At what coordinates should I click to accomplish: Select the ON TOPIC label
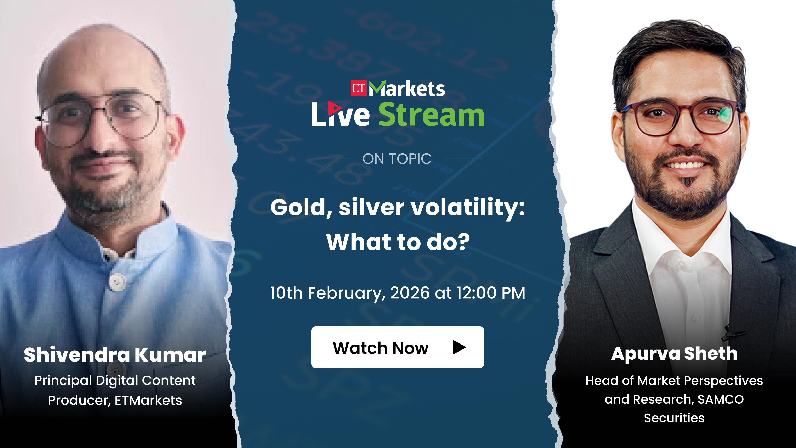click(x=397, y=159)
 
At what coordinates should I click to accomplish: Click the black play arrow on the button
click(x=459, y=347)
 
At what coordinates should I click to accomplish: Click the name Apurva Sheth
click(x=674, y=354)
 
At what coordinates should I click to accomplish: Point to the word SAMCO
click(x=721, y=399)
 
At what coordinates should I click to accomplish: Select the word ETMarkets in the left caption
click(x=148, y=400)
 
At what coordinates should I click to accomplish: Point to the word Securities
click(x=674, y=418)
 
